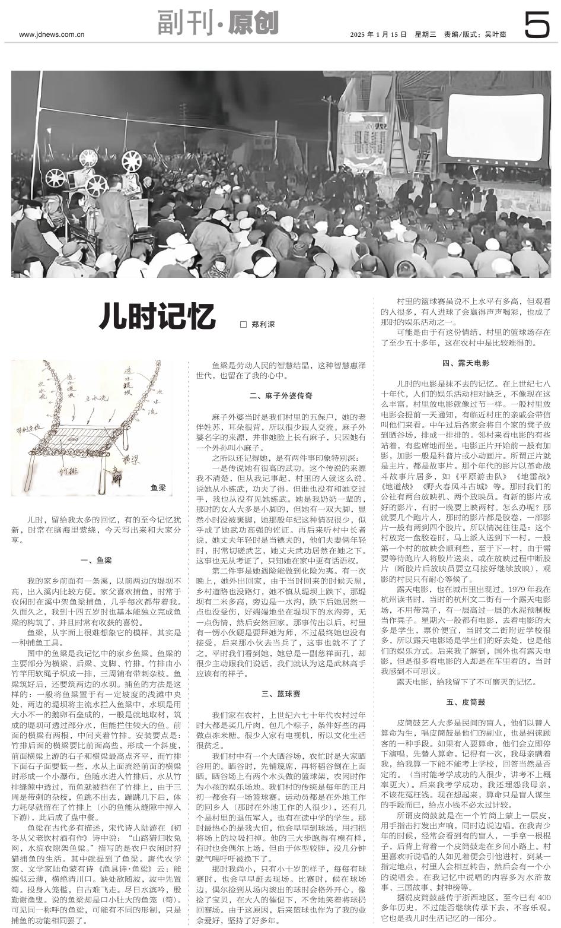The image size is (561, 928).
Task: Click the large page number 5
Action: (537, 27)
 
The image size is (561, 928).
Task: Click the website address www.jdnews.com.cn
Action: (52, 34)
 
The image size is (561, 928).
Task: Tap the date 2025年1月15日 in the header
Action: (378, 34)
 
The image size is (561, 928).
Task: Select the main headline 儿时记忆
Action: (157, 316)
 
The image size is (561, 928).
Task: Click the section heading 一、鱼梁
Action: (96, 560)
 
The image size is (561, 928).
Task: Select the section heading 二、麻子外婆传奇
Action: (280, 395)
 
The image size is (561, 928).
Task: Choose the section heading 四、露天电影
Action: (466, 363)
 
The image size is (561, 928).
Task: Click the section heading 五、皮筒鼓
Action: (466, 702)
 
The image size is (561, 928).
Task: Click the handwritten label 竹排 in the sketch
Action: (69, 471)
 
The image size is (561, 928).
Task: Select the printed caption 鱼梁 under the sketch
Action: (158, 487)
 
